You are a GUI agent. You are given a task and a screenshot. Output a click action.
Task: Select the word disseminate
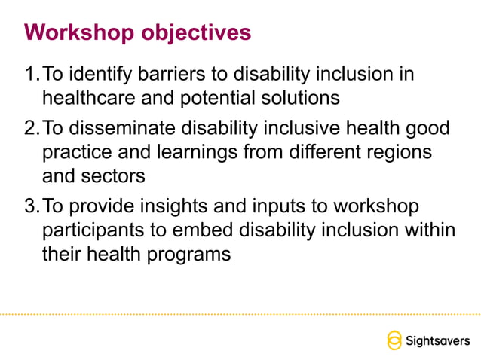click(128, 129)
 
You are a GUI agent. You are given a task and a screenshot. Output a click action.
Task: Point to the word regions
click(394, 153)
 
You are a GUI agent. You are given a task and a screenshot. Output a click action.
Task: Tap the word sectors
click(118, 176)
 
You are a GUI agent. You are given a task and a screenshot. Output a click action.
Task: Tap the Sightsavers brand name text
click(437, 340)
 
